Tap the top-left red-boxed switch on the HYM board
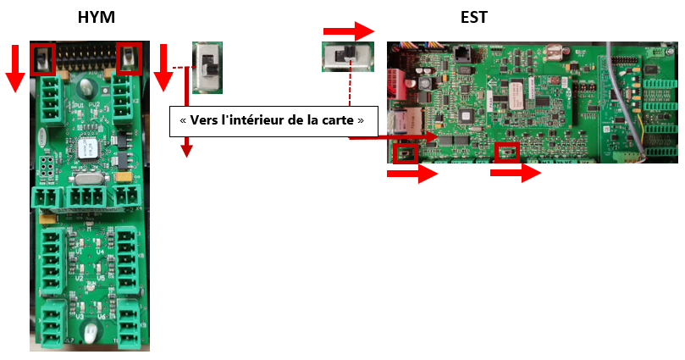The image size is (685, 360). pyautogui.click(x=42, y=58)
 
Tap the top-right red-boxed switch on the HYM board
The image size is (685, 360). pyautogui.click(x=129, y=58)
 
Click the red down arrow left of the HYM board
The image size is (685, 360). pyautogui.click(x=14, y=68)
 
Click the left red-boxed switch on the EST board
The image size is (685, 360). pyautogui.click(x=405, y=153)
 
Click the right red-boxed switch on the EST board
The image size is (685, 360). pyautogui.click(x=506, y=152)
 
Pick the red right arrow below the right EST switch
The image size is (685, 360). pyautogui.click(x=516, y=174)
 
